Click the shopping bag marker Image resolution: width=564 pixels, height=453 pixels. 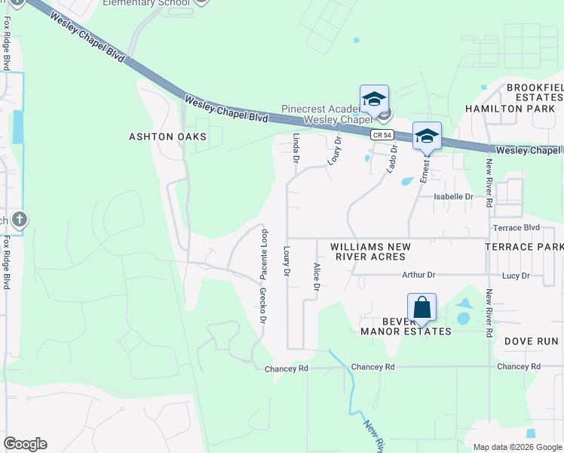pos(421,308)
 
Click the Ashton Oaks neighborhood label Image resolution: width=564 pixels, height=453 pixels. pos(167,137)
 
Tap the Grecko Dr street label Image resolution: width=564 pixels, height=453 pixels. pos(263,305)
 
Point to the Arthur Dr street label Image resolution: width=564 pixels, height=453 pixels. pos(419,276)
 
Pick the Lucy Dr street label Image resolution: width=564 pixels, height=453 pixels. pos(516,276)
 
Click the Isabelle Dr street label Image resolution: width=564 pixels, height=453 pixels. pos(452,196)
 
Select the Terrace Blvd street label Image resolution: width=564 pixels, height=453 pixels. pos(516,227)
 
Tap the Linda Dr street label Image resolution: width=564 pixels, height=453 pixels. pos(296,148)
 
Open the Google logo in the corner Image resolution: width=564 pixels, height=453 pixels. pos(25,444)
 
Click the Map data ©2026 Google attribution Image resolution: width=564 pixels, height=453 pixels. pos(516,447)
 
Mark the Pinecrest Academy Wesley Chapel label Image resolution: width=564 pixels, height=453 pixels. pos(332,114)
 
